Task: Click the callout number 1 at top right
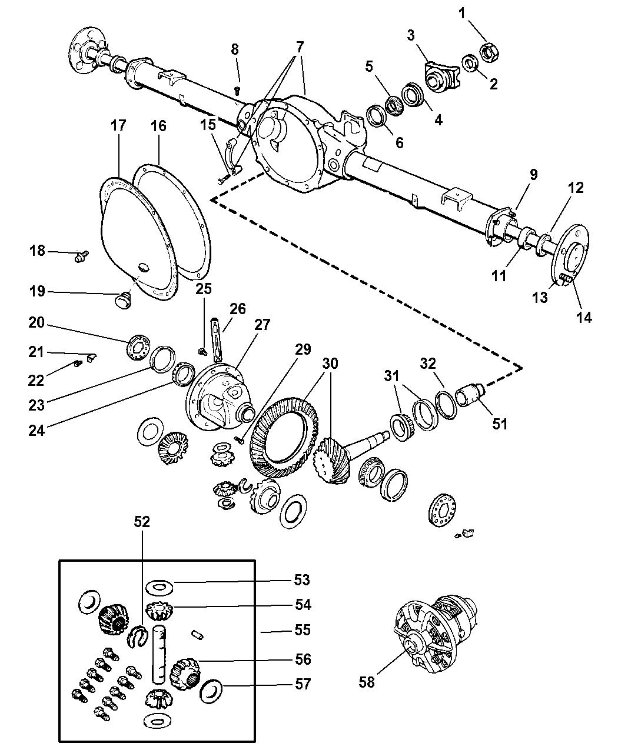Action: click(x=462, y=14)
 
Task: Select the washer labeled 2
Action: click(x=470, y=64)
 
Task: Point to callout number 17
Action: click(x=118, y=125)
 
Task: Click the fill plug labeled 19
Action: click(x=124, y=301)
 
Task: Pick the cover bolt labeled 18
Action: click(x=81, y=256)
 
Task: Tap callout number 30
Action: click(x=330, y=364)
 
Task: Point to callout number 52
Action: click(x=142, y=522)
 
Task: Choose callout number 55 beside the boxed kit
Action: click(x=302, y=629)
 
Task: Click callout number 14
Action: click(x=584, y=318)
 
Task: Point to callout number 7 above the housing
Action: click(x=300, y=47)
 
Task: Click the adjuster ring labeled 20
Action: click(x=139, y=347)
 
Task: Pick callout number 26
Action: click(x=238, y=309)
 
